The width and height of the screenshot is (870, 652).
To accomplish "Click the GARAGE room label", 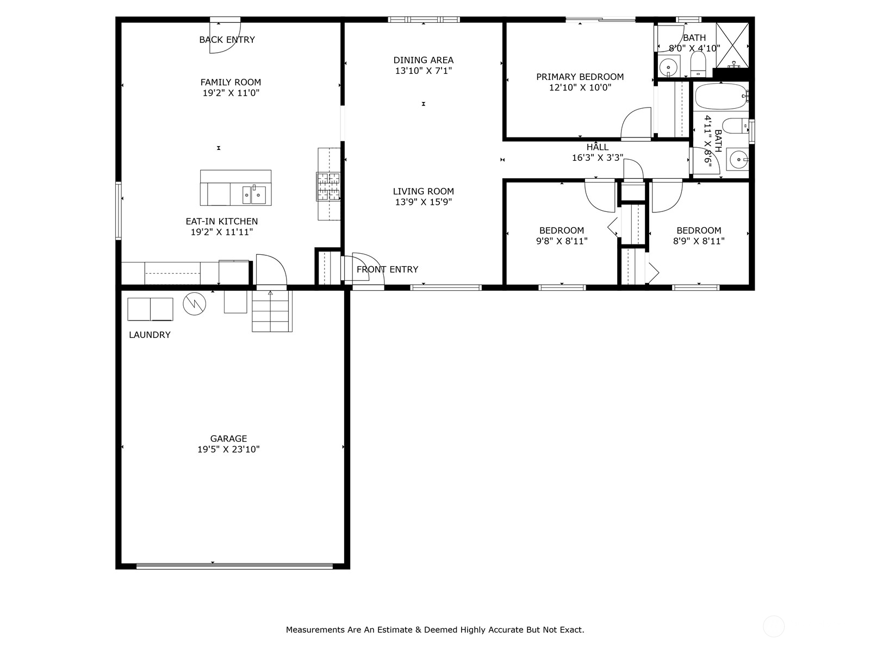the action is pos(228,438).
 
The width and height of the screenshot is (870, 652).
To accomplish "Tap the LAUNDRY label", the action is pos(150,335).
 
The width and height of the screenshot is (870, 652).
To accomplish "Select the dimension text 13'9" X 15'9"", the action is pos(423,202).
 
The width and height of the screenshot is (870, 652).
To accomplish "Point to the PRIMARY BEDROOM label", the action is pos(580,77).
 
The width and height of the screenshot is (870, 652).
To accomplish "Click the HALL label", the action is pos(597,147).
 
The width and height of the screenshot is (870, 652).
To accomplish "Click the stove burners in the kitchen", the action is pos(328,186).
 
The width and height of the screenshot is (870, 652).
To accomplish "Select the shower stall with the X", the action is pos(732,45).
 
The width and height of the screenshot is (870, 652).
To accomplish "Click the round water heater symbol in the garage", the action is pos(194,304).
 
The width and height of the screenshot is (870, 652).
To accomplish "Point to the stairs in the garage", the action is pos(271,311).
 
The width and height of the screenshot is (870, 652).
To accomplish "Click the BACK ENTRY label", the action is pos(227,40).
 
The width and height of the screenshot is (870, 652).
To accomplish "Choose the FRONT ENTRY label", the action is pos(387,269).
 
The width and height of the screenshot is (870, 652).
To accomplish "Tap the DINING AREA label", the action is pos(423,60).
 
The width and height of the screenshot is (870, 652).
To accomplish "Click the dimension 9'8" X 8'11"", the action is pos(562,241).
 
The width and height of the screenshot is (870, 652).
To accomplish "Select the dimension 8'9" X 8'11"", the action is pos(699,241).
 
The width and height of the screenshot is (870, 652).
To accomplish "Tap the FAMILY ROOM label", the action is pos(231,82).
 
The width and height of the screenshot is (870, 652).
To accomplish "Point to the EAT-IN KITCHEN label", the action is pos(221,221).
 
